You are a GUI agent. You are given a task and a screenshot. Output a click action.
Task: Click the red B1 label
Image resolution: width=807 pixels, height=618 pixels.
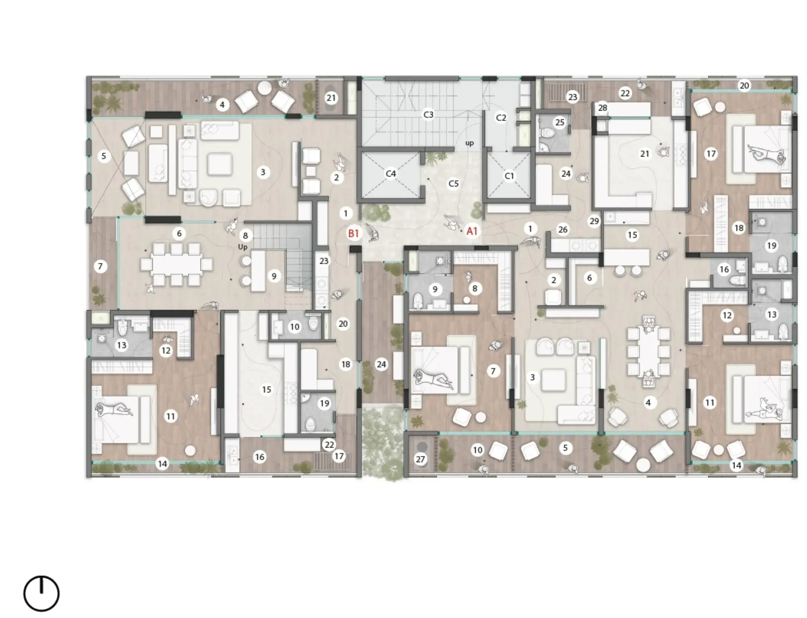tap(353, 233)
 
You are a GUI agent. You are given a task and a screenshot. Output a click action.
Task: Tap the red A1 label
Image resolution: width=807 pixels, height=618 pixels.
tap(472, 231)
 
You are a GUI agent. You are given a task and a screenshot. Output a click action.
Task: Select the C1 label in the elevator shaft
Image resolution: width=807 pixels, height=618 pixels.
tap(509, 176)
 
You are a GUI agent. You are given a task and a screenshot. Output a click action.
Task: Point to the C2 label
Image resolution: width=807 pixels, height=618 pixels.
tap(501, 118)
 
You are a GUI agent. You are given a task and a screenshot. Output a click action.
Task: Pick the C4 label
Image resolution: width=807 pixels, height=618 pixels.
tap(391, 173)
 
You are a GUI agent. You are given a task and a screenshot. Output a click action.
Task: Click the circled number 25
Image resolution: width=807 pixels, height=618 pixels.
tap(560, 122)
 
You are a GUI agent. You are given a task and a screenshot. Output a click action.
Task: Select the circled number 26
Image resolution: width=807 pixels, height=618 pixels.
tap(563, 230)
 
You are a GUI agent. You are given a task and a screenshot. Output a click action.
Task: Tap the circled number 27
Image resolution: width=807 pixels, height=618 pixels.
tap(420, 459)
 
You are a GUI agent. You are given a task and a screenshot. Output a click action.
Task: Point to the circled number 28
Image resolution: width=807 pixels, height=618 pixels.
tap(602, 108)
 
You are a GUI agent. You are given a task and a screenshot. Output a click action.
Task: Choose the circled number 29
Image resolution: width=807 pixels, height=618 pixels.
tap(594, 221)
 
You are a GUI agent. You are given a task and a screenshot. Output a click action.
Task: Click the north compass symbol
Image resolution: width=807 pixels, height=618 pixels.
tap(41, 593)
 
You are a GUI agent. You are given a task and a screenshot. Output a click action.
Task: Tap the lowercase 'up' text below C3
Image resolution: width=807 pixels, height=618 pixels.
tap(469, 143)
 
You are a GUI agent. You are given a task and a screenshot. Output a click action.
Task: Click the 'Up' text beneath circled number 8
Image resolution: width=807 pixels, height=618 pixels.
tap(242, 247)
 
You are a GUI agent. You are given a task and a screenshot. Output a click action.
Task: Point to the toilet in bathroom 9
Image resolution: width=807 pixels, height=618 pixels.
tap(418, 300)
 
